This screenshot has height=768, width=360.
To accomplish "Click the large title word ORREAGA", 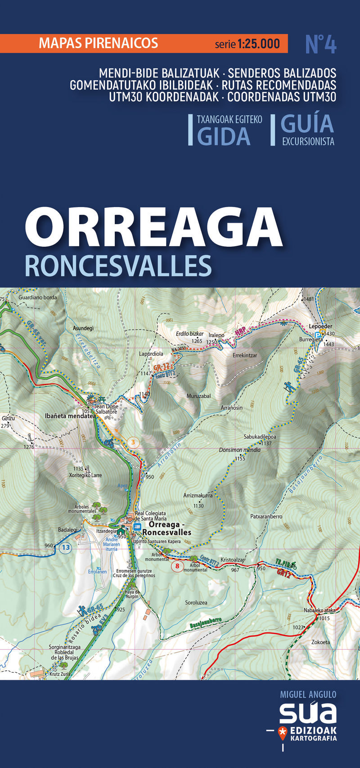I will click(x=153, y=226).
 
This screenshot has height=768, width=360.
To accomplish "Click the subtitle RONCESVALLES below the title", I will click(x=118, y=266).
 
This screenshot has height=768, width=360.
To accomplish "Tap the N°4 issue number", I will click(x=321, y=45).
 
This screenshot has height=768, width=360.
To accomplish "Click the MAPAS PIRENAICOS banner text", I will click(x=99, y=43).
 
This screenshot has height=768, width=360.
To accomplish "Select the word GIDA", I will click(x=224, y=136).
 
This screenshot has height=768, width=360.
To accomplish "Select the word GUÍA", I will click(x=307, y=123).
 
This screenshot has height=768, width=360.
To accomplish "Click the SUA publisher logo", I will click(x=308, y=712).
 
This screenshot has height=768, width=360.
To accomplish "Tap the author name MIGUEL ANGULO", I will click(x=308, y=695).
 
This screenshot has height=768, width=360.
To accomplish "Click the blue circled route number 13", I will click(x=66, y=547).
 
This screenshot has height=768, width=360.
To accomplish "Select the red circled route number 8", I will click(x=178, y=566).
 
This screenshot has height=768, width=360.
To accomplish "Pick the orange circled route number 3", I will click(x=133, y=443).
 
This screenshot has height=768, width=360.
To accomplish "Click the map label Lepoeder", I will click(x=320, y=326).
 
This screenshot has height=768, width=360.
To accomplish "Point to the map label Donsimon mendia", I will click(x=240, y=450).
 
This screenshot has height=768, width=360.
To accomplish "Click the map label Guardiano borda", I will click(x=38, y=298).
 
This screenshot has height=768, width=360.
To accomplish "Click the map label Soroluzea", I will click(x=196, y=602).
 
